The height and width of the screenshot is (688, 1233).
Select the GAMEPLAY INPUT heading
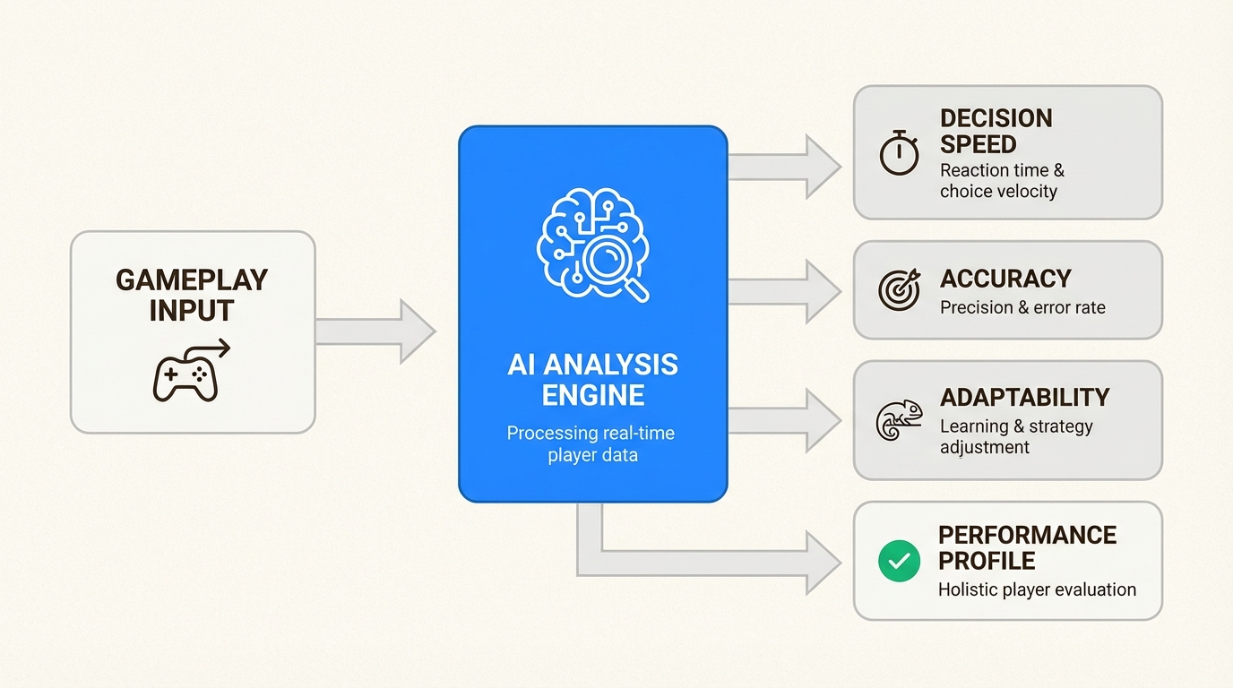coord(192,295)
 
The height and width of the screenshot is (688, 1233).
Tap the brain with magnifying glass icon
coord(592,243)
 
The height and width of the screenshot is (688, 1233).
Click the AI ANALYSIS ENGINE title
coord(592,380)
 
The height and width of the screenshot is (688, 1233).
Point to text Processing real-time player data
coord(592,443)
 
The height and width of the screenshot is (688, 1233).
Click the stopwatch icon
coord(899,152)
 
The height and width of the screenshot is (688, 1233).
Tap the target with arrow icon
coord(899,289)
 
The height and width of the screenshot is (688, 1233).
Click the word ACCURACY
coord(1005,279)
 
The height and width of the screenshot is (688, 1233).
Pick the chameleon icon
coord(899,419)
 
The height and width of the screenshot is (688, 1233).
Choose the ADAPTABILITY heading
coord(1024,397)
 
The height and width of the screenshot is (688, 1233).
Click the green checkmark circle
coord(899,561)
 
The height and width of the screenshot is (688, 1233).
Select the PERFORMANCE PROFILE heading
coord(1027,547)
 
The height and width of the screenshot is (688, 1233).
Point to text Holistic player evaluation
coord(1037,589)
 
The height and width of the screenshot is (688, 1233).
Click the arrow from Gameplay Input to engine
coord(376,331)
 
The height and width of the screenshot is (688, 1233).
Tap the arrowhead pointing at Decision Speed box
coord(823,167)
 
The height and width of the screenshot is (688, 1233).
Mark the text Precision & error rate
coord(1022,307)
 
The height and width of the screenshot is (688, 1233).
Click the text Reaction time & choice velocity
coord(1001,180)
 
